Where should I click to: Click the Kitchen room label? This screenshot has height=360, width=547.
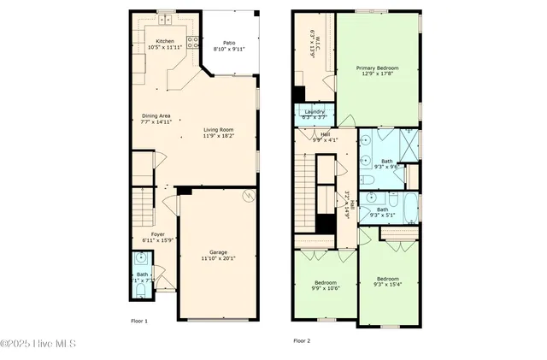click(165, 41)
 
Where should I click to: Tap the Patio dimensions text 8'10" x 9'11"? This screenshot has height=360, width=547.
click(229, 49)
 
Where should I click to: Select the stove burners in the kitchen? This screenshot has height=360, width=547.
click(194, 42)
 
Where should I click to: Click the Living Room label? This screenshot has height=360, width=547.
click(220, 129)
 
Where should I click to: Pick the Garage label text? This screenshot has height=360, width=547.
click(219, 251)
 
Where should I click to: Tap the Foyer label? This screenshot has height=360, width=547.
click(158, 233)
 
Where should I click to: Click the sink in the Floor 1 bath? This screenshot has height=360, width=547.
click(140, 258)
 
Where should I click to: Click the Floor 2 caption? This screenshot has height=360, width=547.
click(302, 340)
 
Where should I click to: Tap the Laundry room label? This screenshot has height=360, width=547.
click(314, 111)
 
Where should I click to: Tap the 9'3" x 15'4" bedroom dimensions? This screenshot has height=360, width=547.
click(388, 284)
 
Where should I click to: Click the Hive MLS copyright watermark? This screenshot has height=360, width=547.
click(39, 344)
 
